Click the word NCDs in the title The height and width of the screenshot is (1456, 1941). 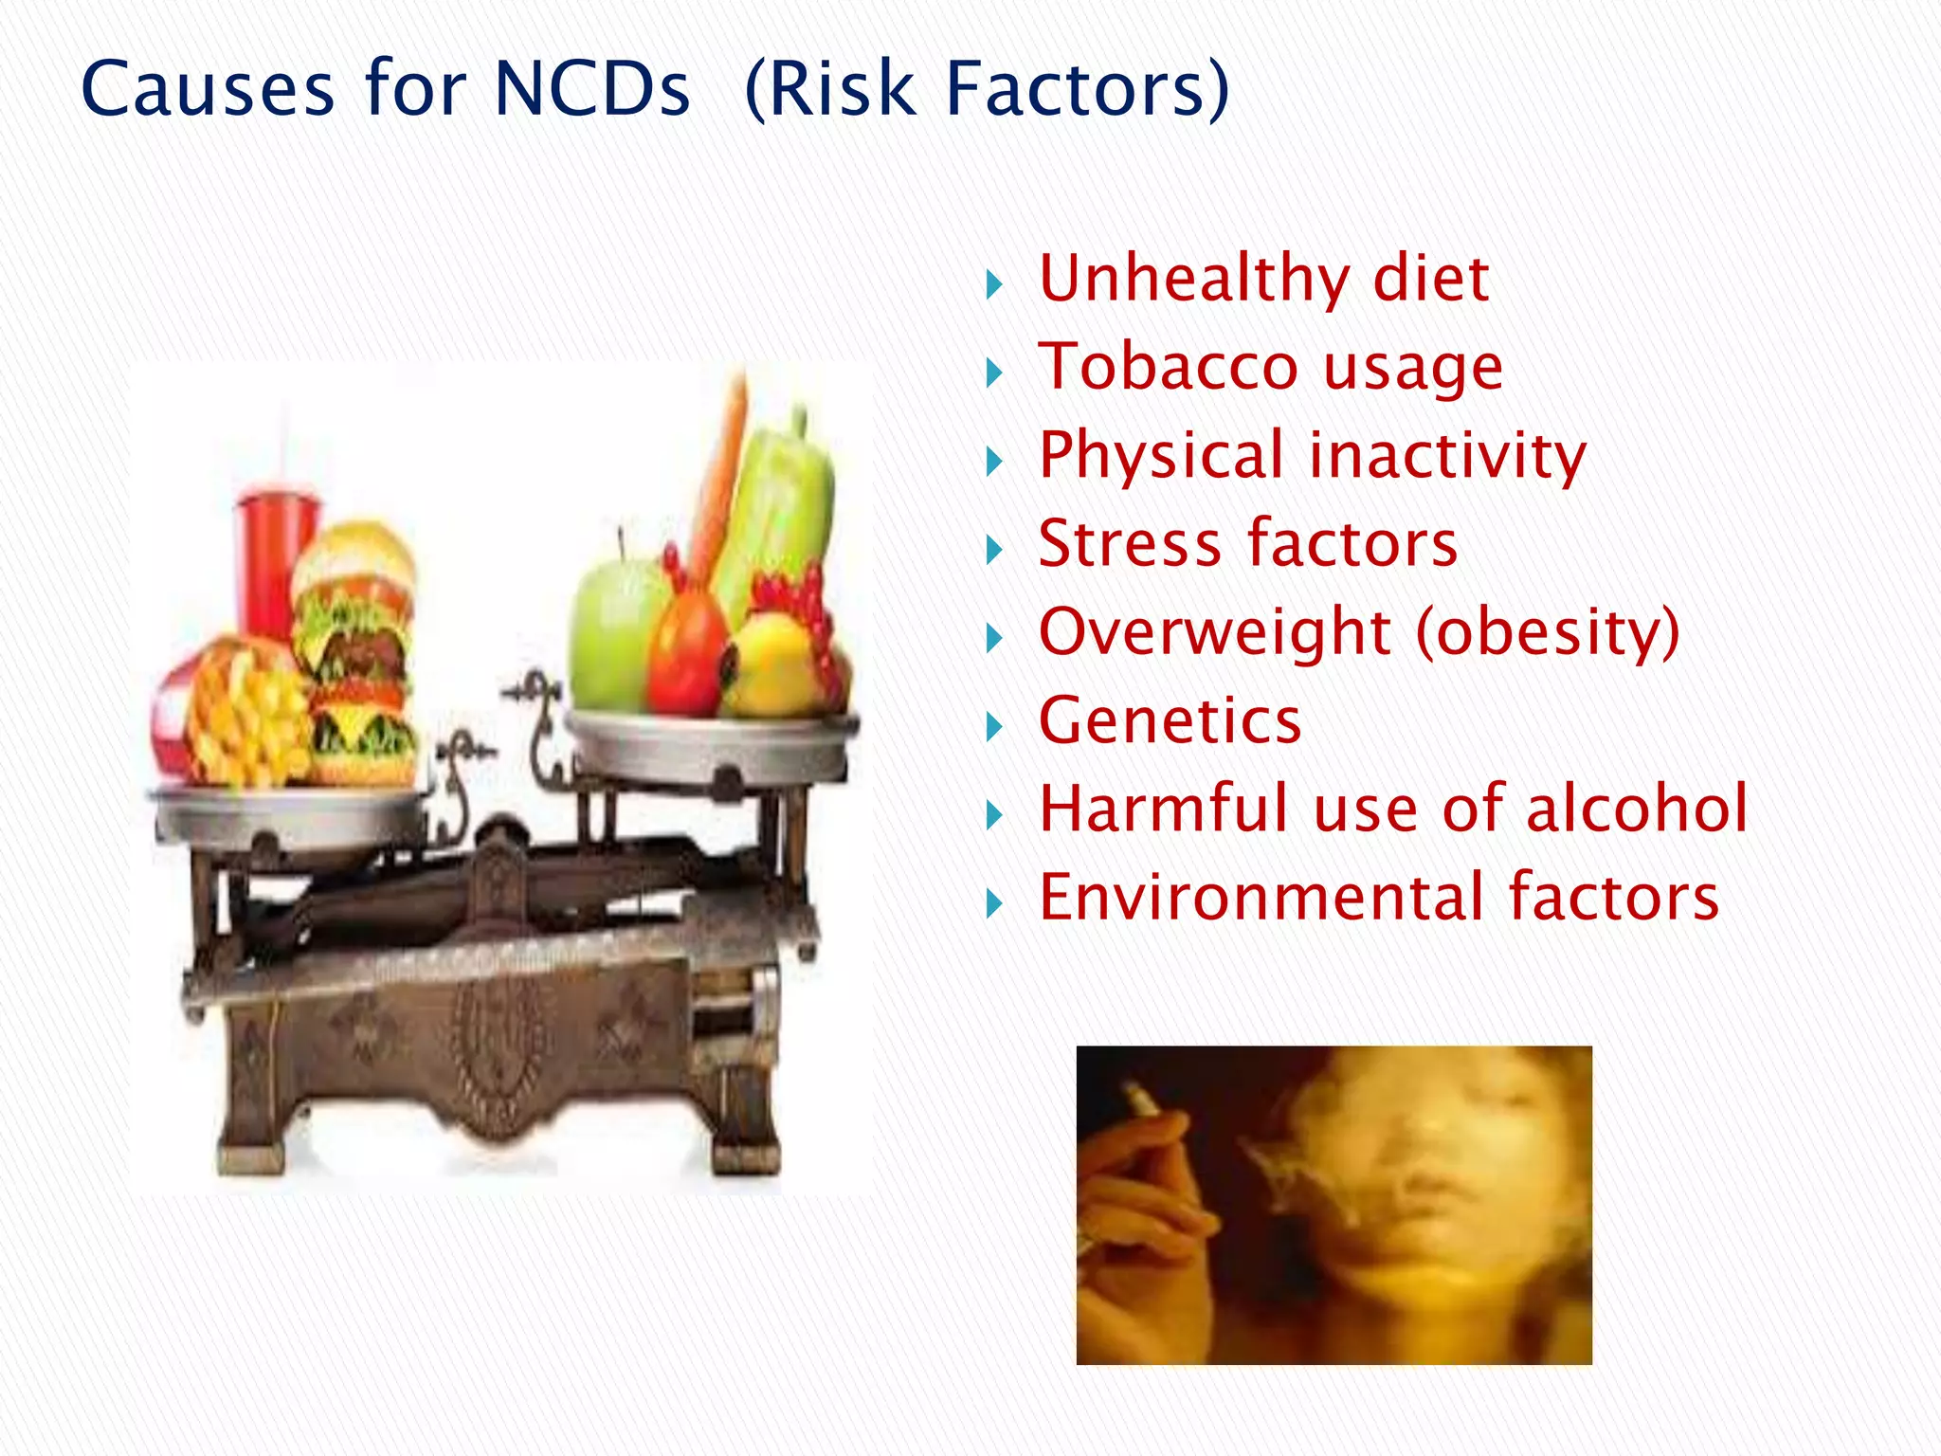click(x=591, y=89)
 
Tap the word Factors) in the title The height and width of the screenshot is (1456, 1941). click(x=1087, y=89)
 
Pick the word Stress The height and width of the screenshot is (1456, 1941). click(x=1129, y=544)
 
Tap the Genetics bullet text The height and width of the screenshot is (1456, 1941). click(x=1170, y=721)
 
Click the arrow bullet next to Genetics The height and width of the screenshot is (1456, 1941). click(x=993, y=728)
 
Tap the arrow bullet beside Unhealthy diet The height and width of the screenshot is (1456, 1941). click(x=993, y=284)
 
